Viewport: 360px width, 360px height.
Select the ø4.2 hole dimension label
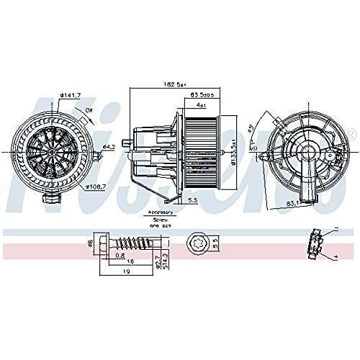107,148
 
